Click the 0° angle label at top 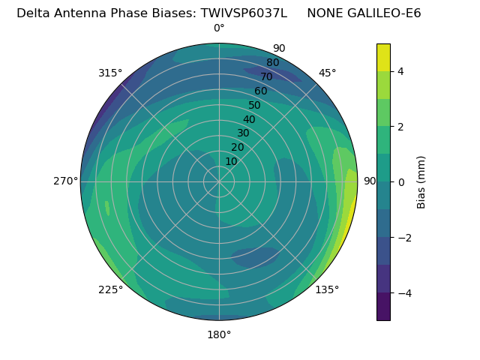(x=219, y=28)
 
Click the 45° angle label (x=327, y=73)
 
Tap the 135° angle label (x=327, y=289)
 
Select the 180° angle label (x=219, y=334)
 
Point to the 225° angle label (x=110, y=289)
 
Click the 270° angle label (x=65, y=181)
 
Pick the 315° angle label (x=110, y=73)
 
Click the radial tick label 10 (x=231, y=161)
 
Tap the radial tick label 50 (x=255, y=105)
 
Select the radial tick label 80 (x=273, y=63)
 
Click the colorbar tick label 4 (x=401, y=71)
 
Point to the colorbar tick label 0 (x=401, y=181)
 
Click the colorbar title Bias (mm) (x=421, y=181)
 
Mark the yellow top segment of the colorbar (x=383, y=57)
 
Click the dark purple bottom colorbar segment (x=383, y=307)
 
